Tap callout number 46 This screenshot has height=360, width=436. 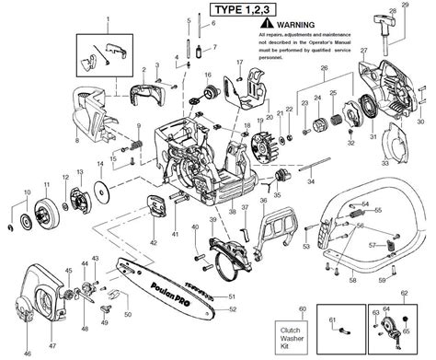[x=27, y=353]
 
